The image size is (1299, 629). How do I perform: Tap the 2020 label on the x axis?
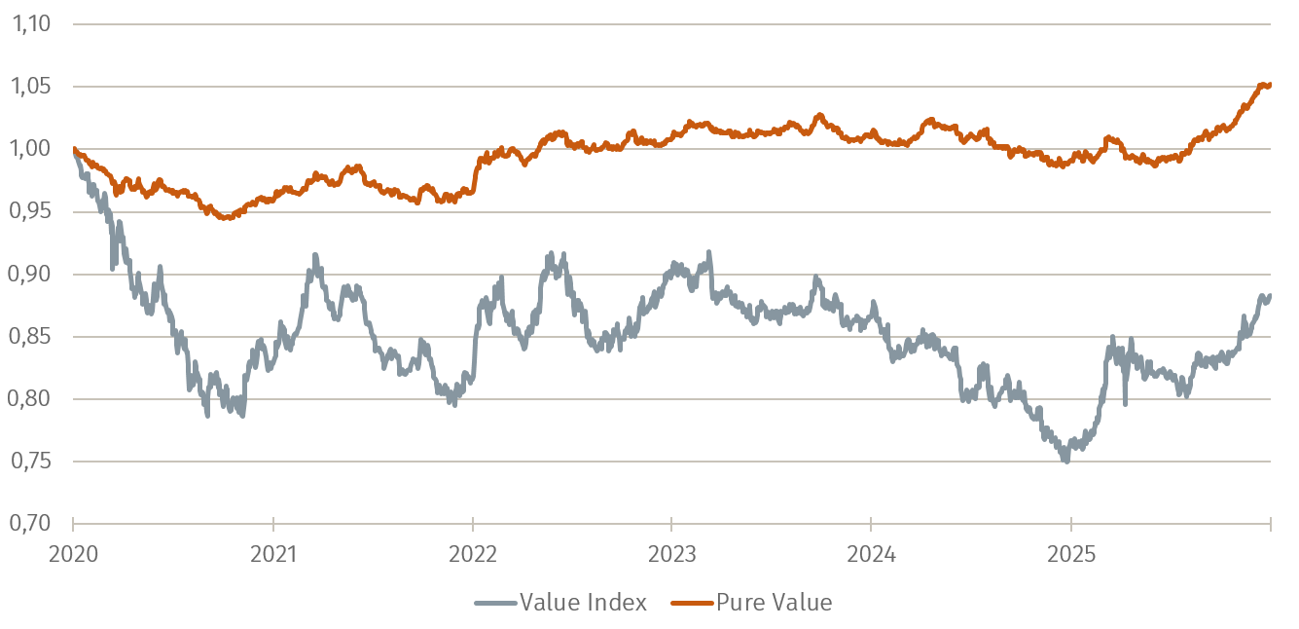tap(74, 554)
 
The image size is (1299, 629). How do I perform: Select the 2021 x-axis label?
tap(273, 554)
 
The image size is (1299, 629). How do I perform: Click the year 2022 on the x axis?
tap(472, 554)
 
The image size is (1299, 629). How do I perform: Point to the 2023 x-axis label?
tap(671, 554)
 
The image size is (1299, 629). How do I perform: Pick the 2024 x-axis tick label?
tap(871, 554)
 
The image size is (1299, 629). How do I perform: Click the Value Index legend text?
tap(583, 603)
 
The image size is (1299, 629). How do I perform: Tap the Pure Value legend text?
tap(774, 603)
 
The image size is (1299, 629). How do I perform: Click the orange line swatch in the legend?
tap(692, 604)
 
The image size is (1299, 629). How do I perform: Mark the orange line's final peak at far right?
tap(1265, 85)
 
